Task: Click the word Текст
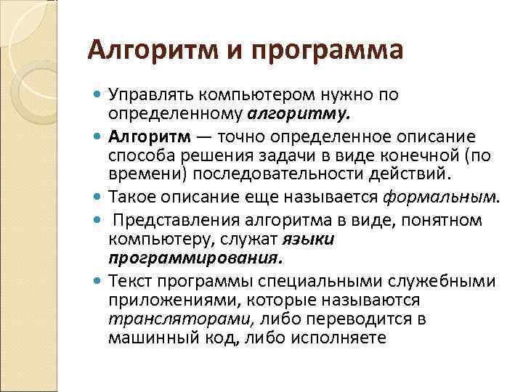tap(129, 280)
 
